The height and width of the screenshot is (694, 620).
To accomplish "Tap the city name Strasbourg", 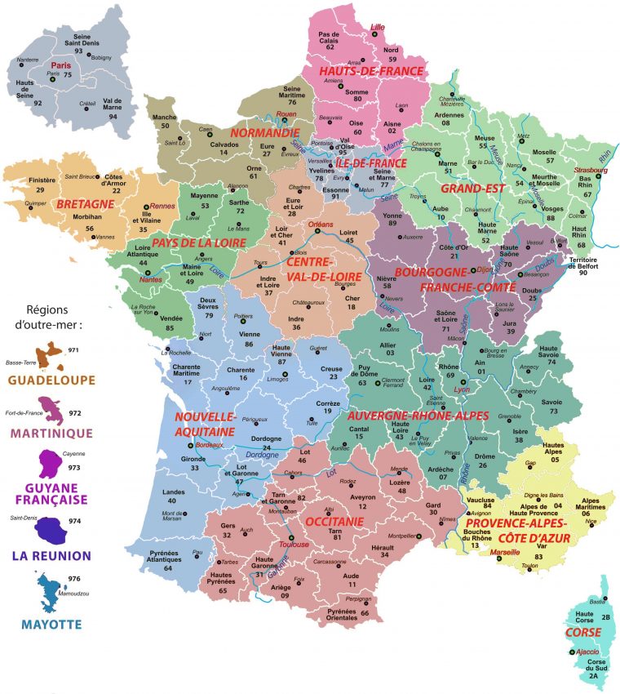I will pos(591,170).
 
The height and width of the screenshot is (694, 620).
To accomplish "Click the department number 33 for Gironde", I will pos(194,468).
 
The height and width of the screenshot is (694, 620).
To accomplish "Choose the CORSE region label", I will pos(582,632).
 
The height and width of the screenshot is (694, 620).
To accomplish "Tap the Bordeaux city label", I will pos(211,445).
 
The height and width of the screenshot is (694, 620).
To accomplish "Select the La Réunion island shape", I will pos(48,532).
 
